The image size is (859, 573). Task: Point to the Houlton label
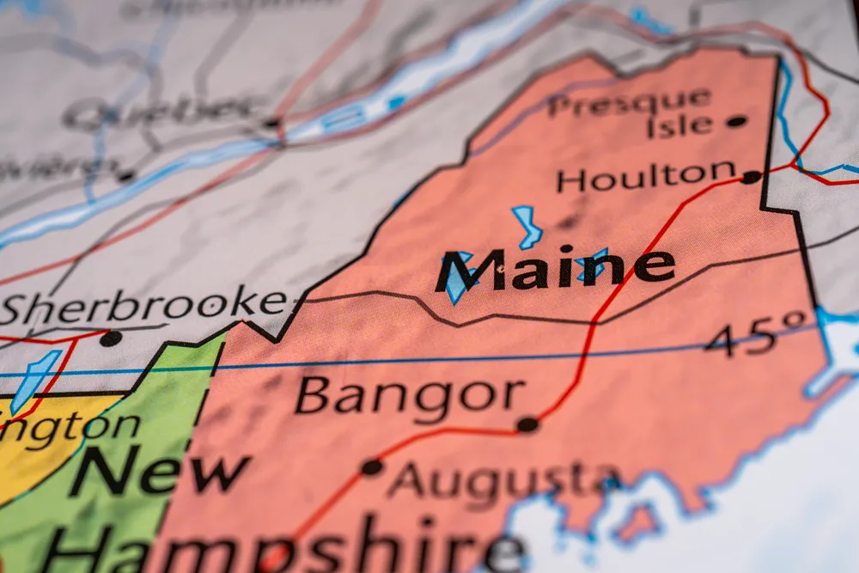click(x=646, y=177)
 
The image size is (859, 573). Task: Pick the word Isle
click(x=679, y=126)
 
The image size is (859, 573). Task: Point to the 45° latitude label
click(x=756, y=335)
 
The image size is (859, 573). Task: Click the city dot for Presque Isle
click(x=736, y=121)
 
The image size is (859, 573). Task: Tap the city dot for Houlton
click(x=752, y=177)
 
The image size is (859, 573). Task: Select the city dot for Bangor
click(x=527, y=424)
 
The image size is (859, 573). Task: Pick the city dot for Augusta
click(x=372, y=467)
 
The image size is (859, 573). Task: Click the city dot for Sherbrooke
click(x=110, y=338)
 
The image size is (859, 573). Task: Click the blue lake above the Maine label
click(x=527, y=226)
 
